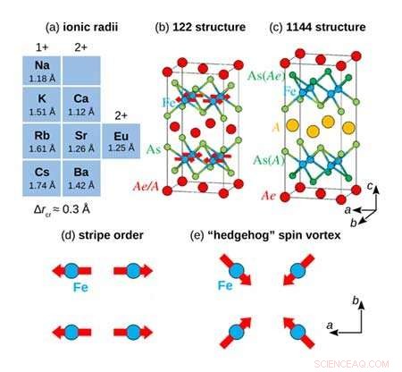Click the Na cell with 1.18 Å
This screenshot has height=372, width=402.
42,72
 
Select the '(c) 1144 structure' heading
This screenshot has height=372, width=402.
317,28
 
